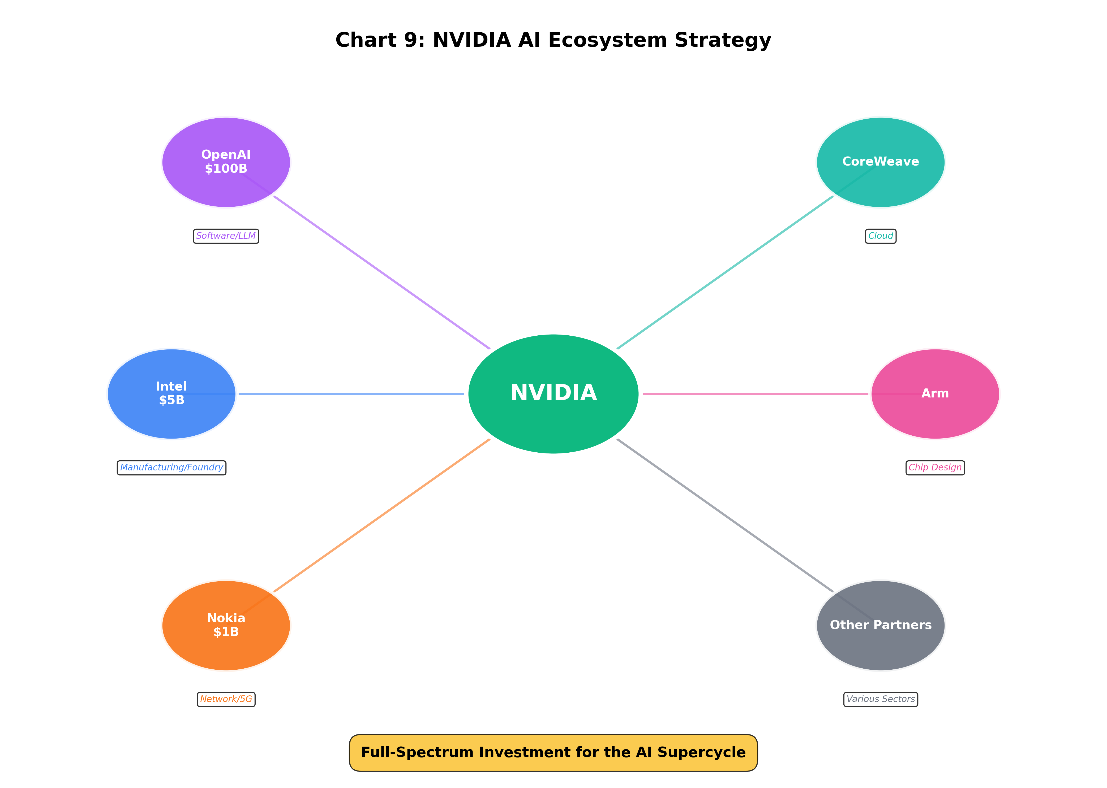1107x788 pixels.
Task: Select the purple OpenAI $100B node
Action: tap(226, 162)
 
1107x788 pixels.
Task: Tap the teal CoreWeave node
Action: tap(880, 162)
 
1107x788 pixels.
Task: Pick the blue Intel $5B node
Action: tap(171, 393)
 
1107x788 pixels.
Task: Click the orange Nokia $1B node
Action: tap(226, 625)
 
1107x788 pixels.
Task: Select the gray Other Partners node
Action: tap(880, 625)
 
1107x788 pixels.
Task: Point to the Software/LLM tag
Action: tap(226, 236)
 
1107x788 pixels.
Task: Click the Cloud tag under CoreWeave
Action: tap(880, 236)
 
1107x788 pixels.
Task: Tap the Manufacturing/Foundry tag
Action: tap(171, 467)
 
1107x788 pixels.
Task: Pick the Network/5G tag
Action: tap(226, 699)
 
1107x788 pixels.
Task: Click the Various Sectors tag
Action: tap(880, 699)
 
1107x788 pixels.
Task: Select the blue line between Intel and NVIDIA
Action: tap(350, 393)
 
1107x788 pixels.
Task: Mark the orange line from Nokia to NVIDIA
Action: tap(382, 515)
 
